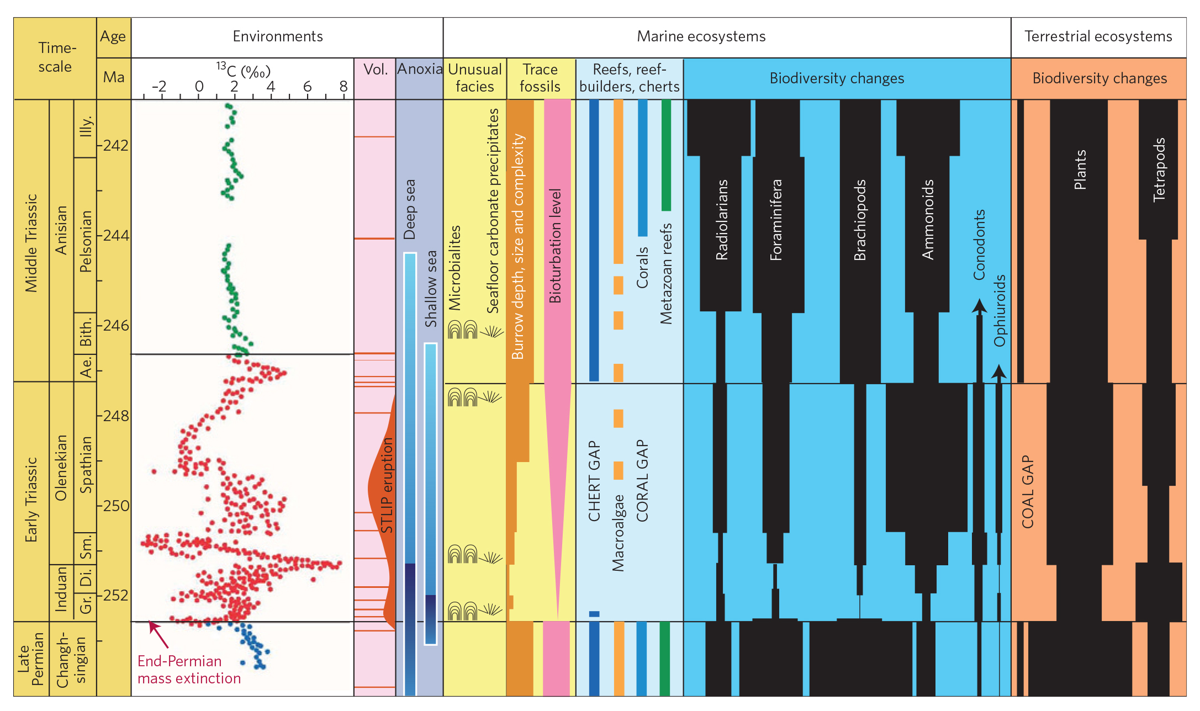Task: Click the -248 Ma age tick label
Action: pyautogui.click(x=114, y=416)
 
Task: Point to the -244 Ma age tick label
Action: pyautogui.click(x=114, y=236)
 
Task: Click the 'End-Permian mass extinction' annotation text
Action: pyautogui.click(x=189, y=670)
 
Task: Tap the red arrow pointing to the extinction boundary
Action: pyautogui.click(x=158, y=635)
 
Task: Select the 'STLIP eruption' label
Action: pyautogui.click(x=387, y=485)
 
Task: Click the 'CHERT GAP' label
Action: pyautogui.click(x=594, y=481)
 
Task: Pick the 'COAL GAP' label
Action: pyautogui.click(x=1028, y=492)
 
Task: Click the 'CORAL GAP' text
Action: pyautogui.click(x=642, y=481)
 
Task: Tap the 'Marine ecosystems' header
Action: pyautogui.click(x=701, y=36)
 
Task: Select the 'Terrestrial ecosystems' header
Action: pyautogui.click(x=1098, y=36)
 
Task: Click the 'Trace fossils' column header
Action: pyautogui.click(x=540, y=78)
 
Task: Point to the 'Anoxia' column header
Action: pyautogui.click(x=420, y=69)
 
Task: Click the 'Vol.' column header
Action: pyautogui.click(x=376, y=69)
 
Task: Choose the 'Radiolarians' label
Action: pyautogui.click(x=722, y=220)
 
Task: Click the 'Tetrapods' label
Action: pyautogui.click(x=1159, y=169)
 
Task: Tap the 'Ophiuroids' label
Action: pyautogui.click(x=1000, y=311)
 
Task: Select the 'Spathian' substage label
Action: pyautogui.click(x=86, y=465)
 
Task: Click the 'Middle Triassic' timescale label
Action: pyautogui.click(x=31, y=243)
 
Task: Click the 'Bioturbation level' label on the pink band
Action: pyautogui.click(x=555, y=246)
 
